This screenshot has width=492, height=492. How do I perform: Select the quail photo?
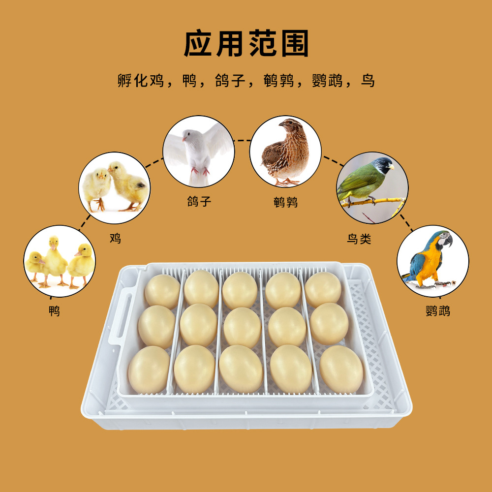[285, 152]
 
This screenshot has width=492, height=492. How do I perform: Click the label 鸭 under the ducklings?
[54, 311]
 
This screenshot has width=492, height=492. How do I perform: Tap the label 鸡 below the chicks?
[115, 239]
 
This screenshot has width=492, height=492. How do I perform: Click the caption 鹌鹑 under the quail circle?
[286, 202]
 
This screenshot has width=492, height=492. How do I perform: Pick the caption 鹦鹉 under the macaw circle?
[437, 311]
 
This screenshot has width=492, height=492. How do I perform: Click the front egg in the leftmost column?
[149, 369]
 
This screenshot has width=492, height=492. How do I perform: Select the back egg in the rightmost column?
[323, 289]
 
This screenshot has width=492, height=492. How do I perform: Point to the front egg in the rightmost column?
[341, 369]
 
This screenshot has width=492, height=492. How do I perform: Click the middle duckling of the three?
[54, 258]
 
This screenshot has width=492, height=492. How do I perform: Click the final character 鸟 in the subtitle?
[368, 81]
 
